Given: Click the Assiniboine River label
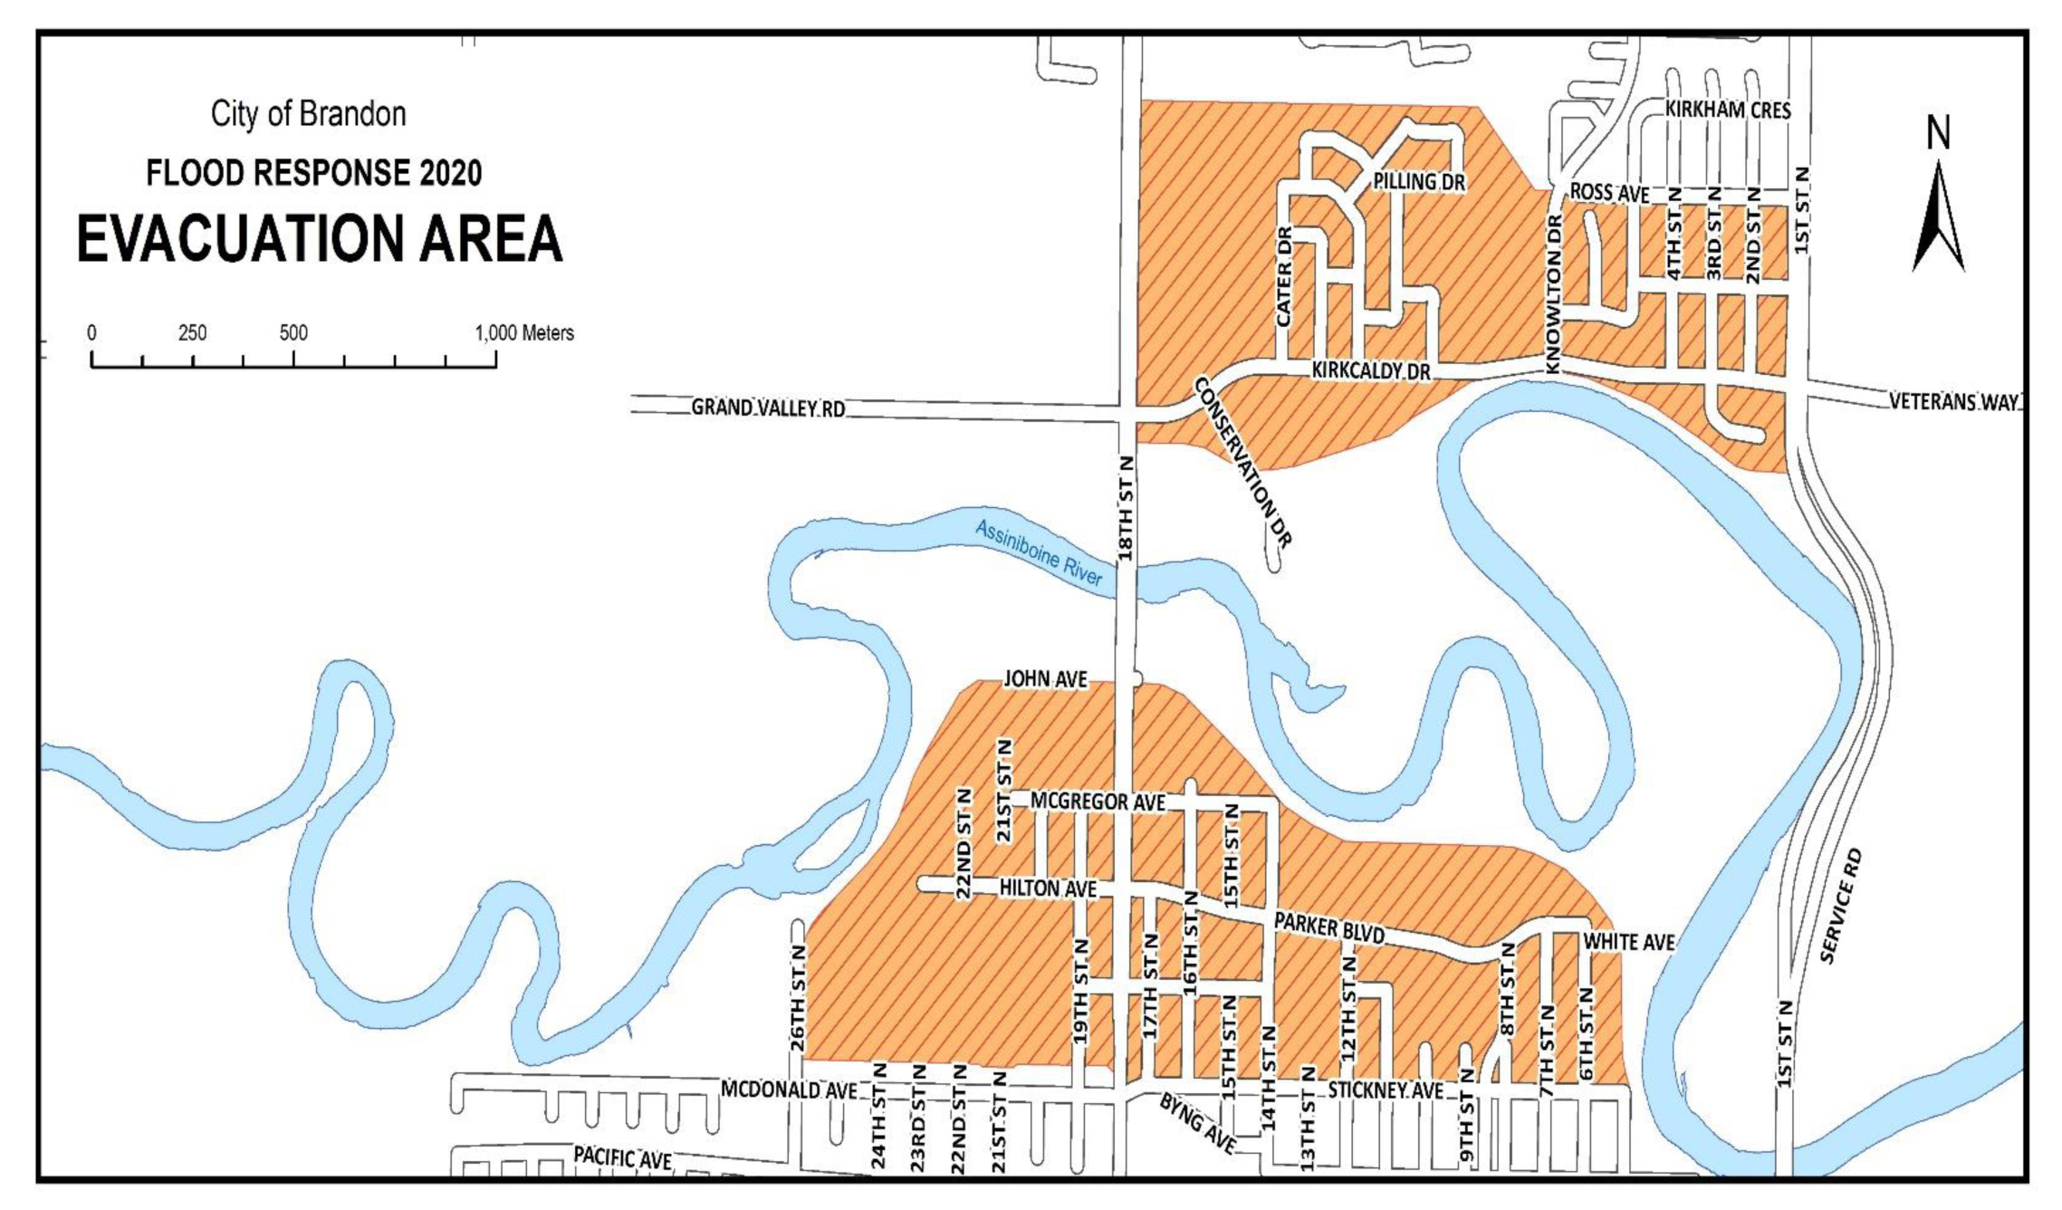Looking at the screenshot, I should pyautogui.click(x=1040, y=553).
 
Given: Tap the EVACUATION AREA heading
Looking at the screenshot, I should pyautogui.click(x=320, y=239).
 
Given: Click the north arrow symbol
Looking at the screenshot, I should pyautogui.click(x=1938, y=217).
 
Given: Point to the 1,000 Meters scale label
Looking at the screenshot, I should pyautogui.click(x=524, y=333).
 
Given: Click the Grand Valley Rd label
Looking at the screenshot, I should pyautogui.click(x=768, y=408).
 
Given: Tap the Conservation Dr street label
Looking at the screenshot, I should pyautogui.click(x=1242, y=462).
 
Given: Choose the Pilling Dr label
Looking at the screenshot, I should pyautogui.click(x=1418, y=182).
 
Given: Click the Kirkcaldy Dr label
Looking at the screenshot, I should pyautogui.click(x=1371, y=371).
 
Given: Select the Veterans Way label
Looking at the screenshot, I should pyautogui.click(x=1954, y=401).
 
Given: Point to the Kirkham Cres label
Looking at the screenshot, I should pyautogui.click(x=1728, y=110).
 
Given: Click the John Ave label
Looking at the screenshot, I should pyautogui.click(x=1045, y=678).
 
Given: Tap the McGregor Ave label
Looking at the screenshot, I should pyautogui.click(x=1098, y=802).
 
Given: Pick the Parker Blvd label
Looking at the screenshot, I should pyautogui.click(x=1329, y=927).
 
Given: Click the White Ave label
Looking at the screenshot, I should pyautogui.click(x=1628, y=942).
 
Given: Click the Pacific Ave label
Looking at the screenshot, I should pyautogui.click(x=622, y=1157).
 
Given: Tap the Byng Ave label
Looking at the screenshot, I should pyautogui.click(x=1198, y=1124).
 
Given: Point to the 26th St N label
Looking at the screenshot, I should pyautogui.click(x=798, y=997).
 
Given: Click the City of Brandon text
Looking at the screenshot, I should pyautogui.click(x=308, y=114).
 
